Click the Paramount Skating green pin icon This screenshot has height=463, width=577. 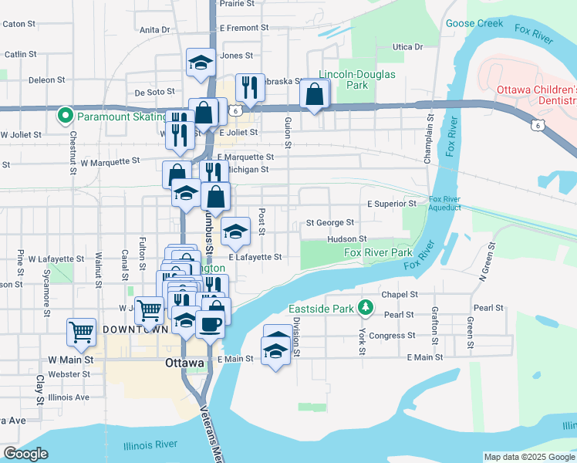[66, 117]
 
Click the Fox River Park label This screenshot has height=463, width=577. [378, 252]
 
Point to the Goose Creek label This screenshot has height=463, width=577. [474, 24]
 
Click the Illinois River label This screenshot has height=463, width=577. [150, 444]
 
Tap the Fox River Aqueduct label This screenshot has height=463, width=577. [445, 204]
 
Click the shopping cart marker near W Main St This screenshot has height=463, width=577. [81, 332]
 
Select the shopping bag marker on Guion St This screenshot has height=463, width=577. [315, 96]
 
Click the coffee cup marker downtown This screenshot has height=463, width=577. [209, 324]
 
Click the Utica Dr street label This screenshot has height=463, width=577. [408, 47]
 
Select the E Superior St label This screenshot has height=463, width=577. [391, 204]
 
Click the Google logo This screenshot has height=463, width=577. [25, 454]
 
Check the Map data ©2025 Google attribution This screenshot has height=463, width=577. [529, 457]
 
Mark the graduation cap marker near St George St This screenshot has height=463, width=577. [236, 230]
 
